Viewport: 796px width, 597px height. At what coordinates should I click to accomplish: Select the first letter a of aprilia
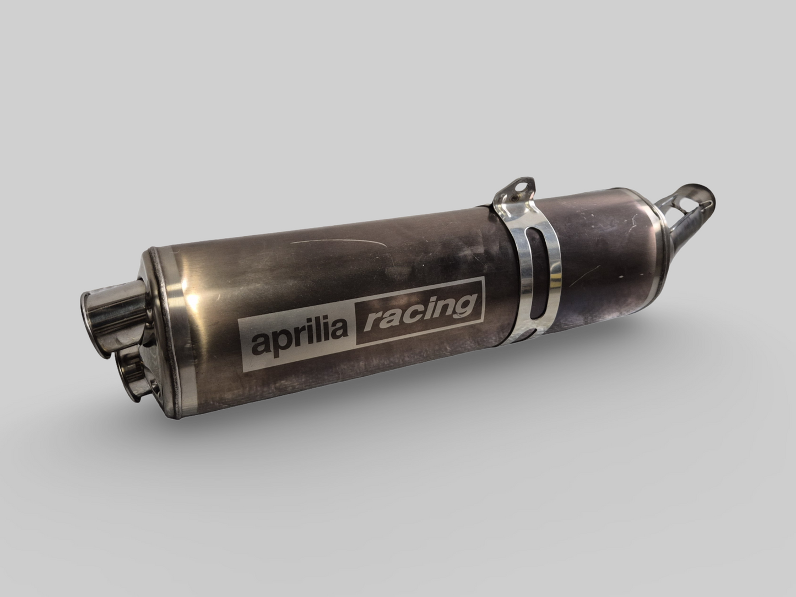tap(260, 344)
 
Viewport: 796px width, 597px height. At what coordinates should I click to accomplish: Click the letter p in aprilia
tap(283, 341)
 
